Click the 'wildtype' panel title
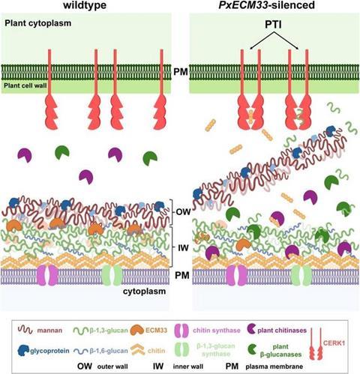(85, 5)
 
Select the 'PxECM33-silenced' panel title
(266, 5)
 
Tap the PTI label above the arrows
(274, 25)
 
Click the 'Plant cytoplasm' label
(38, 23)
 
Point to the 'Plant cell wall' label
(25, 85)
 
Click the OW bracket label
(183, 212)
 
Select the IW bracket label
(183, 248)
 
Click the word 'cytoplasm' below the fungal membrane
(144, 292)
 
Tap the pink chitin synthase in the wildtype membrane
(47, 275)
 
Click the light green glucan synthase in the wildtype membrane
(112, 275)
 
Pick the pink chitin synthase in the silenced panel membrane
(236, 275)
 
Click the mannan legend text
(49, 331)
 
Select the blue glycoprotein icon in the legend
(24, 351)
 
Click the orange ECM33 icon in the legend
(137, 331)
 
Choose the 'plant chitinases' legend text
(282, 331)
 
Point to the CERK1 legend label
(334, 343)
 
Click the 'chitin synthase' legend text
(217, 331)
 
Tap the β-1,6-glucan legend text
(109, 351)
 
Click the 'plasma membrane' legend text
(274, 367)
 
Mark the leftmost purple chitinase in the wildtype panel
(25, 155)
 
